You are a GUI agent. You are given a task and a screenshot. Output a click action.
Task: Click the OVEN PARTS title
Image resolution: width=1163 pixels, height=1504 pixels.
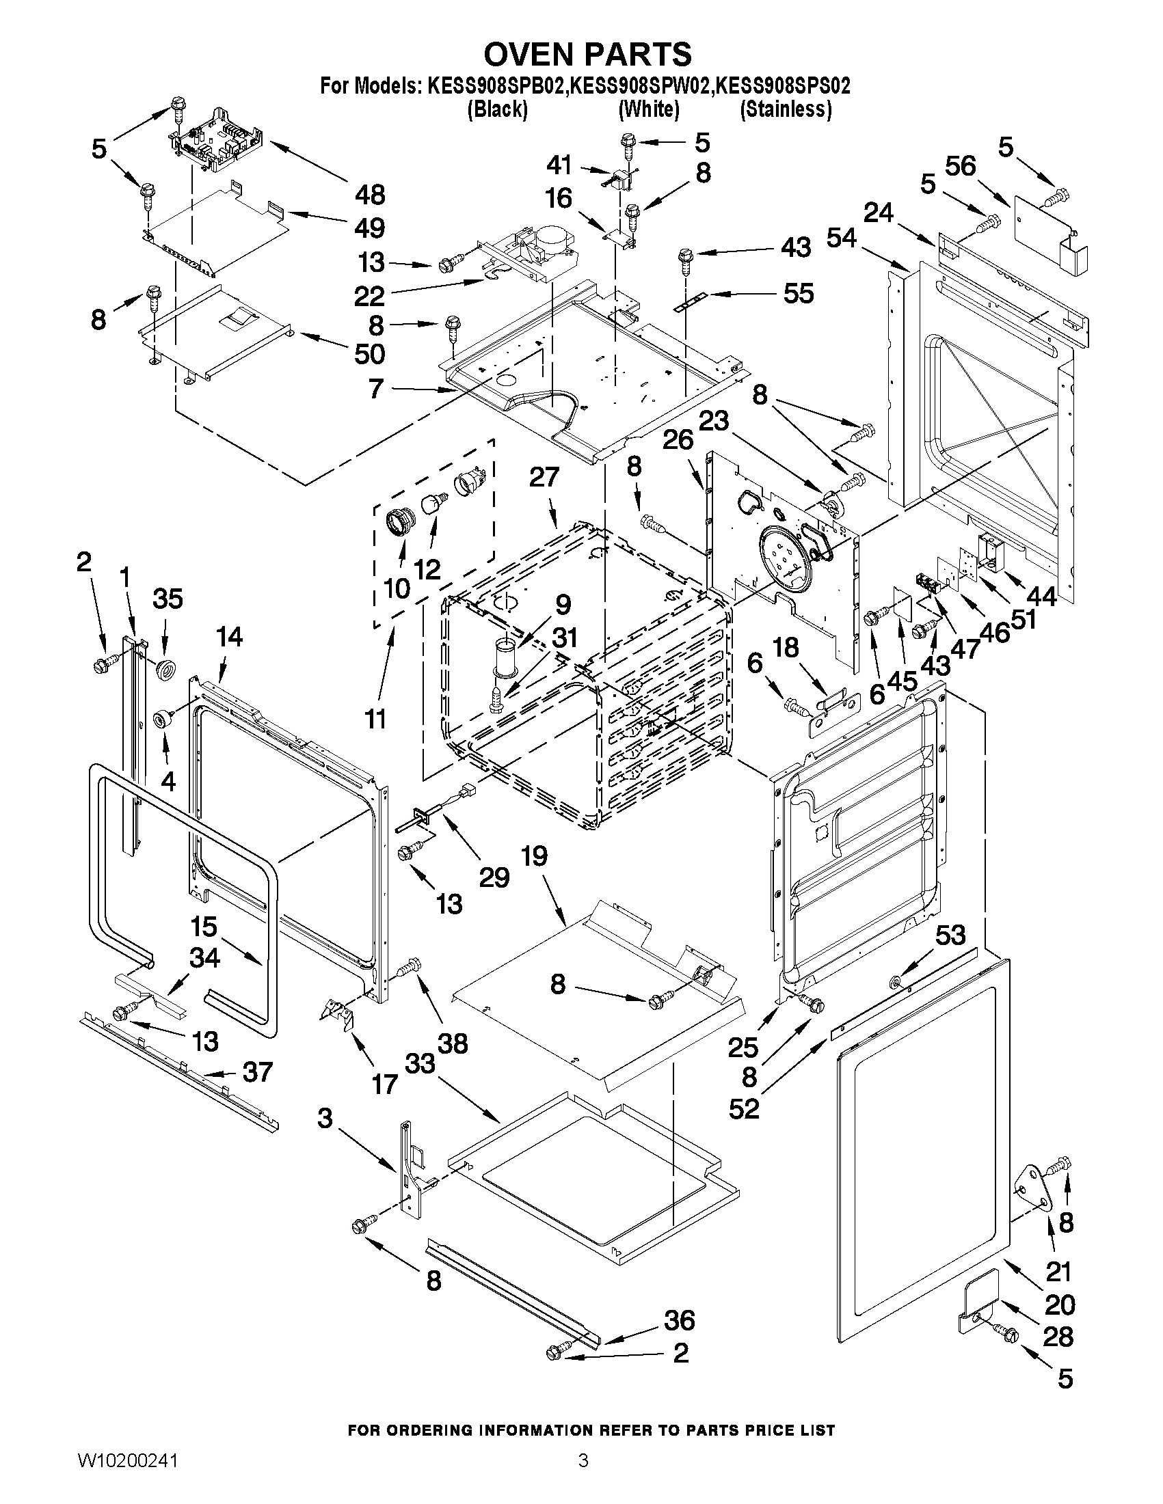[587, 54]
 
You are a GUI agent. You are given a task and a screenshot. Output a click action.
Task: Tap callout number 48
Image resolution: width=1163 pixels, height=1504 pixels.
[370, 195]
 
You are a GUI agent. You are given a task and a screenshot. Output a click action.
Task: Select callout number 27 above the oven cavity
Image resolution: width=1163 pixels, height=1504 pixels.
[544, 476]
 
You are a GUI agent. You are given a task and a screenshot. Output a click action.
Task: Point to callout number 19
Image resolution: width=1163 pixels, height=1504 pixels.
[534, 856]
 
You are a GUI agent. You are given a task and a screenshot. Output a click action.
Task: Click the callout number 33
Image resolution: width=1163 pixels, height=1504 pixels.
[420, 1063]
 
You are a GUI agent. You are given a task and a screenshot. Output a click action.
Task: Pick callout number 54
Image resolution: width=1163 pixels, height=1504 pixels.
[841, 238]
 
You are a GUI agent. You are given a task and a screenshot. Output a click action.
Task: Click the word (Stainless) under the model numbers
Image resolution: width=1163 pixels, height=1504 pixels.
[786, 109]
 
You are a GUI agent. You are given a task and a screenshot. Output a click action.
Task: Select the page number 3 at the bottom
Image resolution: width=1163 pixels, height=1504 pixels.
[583, 1477]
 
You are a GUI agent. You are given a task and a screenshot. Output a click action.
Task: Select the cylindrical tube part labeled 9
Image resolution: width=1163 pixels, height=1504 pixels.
[505, 655]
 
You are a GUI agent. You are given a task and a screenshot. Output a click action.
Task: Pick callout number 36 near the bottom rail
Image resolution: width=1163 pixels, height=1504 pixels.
[679, 1320]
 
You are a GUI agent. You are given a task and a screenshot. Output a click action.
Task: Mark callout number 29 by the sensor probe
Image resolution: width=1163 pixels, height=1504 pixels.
[494, 877]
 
